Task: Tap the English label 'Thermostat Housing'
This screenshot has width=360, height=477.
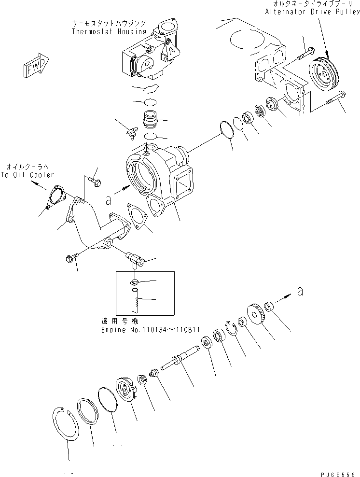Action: [x=108, y=32]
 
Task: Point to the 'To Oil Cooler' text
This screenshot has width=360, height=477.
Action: [x=27, y=175]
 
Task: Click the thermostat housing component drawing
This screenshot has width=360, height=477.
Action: [x=150, y=53]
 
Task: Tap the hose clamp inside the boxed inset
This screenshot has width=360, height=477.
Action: [x=136, y=282]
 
